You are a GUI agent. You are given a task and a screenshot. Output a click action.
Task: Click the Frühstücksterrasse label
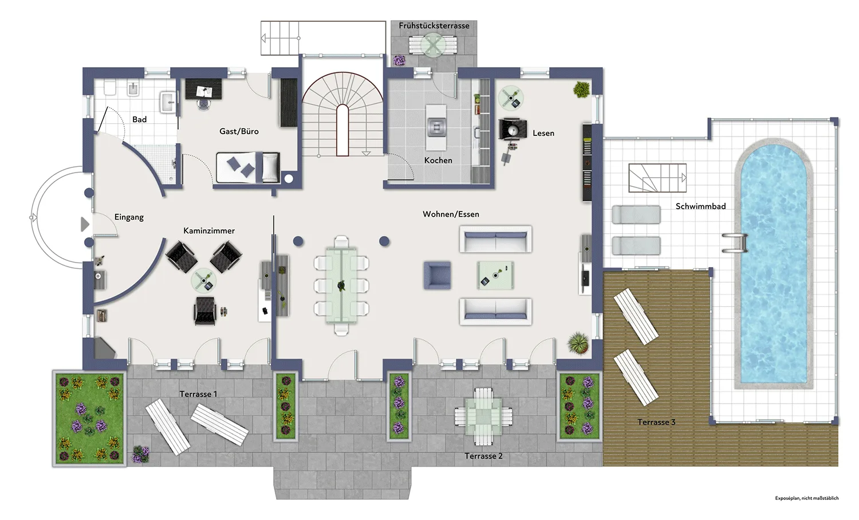tap(434, 26)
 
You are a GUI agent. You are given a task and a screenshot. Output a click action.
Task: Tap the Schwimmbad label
tap(700, 206)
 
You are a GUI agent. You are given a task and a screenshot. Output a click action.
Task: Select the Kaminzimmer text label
tap(209, 230)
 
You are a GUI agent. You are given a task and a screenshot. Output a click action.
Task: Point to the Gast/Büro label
tap(239, 131)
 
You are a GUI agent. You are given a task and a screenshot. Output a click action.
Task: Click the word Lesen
tap(543, 133)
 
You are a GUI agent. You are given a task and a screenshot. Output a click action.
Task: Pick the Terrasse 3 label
tap(656, 422)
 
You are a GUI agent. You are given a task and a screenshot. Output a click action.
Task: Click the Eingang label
tap(129, 217)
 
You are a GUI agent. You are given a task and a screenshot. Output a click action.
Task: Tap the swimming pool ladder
tap(735, 243)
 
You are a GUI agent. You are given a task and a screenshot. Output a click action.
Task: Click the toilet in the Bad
tap(110, 88)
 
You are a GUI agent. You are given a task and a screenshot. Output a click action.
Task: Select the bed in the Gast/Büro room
tap(248, 167)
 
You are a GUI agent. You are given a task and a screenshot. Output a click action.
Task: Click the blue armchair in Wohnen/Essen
tap(437, 275)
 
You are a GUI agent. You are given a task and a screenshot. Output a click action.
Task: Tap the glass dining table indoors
tap(341, 286)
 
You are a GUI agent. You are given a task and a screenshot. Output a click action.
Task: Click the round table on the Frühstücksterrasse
tap(433, 45)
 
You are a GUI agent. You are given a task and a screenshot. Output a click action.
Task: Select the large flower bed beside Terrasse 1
tap(90, 419)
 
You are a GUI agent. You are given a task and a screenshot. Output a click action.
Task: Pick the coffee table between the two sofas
tap(495, 275)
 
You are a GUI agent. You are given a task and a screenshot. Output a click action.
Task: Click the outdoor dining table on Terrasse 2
tap(483, 416)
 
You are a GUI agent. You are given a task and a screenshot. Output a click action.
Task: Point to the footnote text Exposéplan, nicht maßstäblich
tap(806, 498)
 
